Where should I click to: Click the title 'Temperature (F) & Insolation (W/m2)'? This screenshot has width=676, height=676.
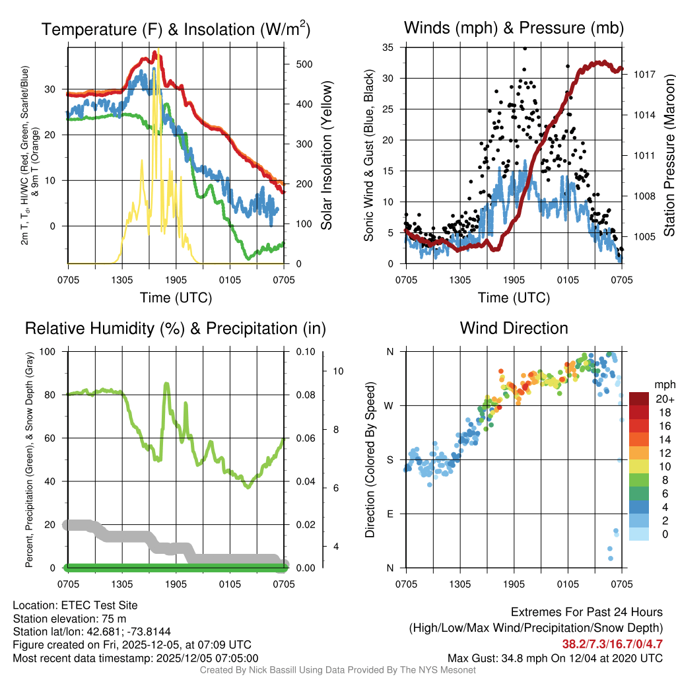pyautogui.click(x=176, y=29)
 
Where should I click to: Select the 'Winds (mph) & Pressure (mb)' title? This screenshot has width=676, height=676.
pyautogui.click(x=514, y=28)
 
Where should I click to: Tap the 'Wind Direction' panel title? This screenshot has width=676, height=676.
pyautogui.click(x=514, y=328)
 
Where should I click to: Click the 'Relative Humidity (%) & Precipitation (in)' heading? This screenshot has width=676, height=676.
pyautogui.click(x=176, y=328)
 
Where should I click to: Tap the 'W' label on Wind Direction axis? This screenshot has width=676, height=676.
pyautogui.click(x=390, y=405)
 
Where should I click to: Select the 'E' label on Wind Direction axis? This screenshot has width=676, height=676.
pyautogui.click(x=391, y=514)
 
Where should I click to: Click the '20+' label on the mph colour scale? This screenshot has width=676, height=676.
pyautogui.click(x=664, y=399)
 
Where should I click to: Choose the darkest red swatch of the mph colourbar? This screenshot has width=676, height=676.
pyautogui.click(x=640, y=399)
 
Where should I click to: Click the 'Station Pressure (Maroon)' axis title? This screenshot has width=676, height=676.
pyautogui.click(x=668, y=156)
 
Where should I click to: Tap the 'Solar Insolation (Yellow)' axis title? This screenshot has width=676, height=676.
pyautogui.click(x=327, y=156)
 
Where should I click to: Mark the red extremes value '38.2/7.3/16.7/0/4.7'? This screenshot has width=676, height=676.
pyautogui.click(x=612, y=643)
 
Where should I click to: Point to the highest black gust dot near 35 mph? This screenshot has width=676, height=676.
pyautogui.click(x=525, y=48)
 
